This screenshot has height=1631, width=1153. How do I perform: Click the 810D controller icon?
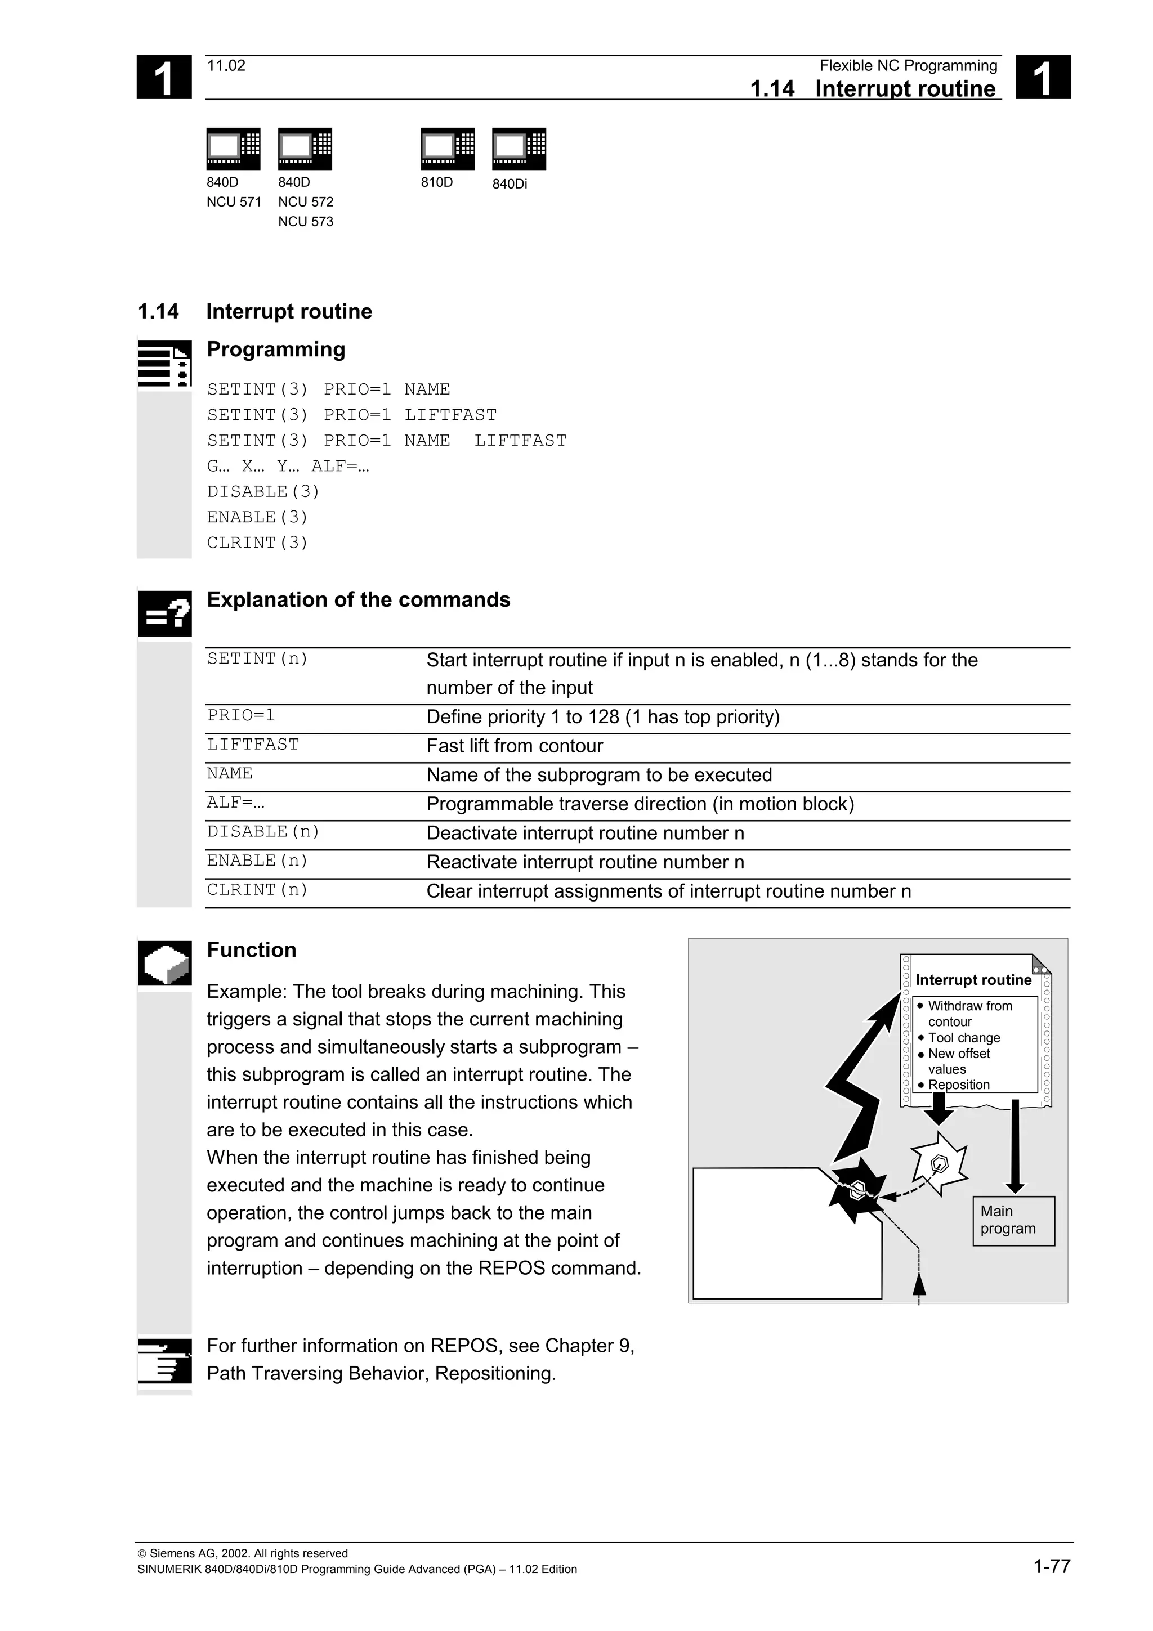tap(448, 149)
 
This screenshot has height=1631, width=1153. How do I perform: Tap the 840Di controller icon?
tap(519, 149)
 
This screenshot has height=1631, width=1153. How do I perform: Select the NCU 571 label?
tap(234, 201)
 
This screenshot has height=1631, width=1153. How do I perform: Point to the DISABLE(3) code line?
tap(263, 491)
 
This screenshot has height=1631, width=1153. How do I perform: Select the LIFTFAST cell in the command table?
tap(253, 745)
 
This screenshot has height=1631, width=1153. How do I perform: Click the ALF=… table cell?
tap(236, 803)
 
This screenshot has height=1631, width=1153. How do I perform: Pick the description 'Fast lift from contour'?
tap(515, 746)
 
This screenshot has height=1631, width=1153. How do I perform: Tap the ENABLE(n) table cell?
tap(258, 861)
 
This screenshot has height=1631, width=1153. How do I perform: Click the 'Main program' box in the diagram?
tap(1013, 1220)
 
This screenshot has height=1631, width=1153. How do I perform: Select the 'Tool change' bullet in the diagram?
tap(963, 1038)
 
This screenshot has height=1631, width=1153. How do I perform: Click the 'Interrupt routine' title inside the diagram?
tap(973, 980)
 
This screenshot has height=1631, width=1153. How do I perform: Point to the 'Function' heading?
tap(252, 950)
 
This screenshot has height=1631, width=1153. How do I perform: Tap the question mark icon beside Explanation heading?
tap(164, 613)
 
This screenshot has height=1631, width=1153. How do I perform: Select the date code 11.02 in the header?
tap(226, 65)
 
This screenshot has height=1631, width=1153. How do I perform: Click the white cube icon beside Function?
tap(164, 964)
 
